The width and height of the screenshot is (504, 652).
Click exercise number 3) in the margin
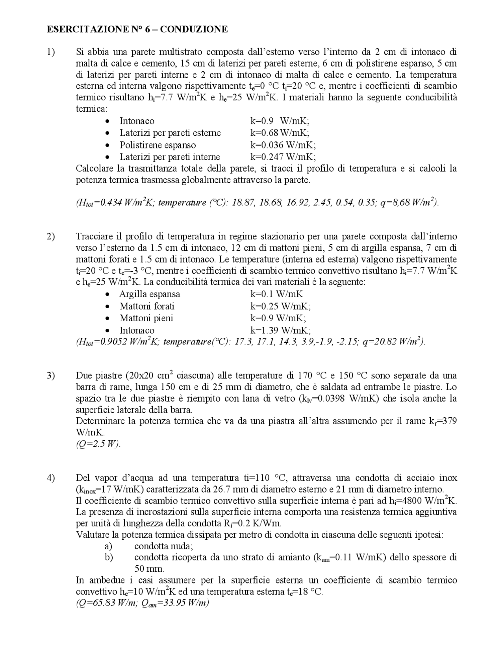click(x=51, y=375)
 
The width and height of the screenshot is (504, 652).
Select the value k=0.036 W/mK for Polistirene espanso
click(x=283, y=145)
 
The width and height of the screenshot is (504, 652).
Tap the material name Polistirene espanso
click(x=157, y=145)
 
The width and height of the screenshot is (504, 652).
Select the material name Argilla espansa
click(x=150, y=294)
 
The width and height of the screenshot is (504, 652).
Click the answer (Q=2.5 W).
click(x=98, y=444)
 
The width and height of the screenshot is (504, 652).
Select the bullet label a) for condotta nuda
click(x=108, y=546)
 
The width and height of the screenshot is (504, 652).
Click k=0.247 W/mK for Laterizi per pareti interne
click(x=283, y=157)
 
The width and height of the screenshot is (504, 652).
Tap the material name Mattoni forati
click(x=147, y=306)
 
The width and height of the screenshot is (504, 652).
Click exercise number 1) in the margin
click(x=51, y=52)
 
